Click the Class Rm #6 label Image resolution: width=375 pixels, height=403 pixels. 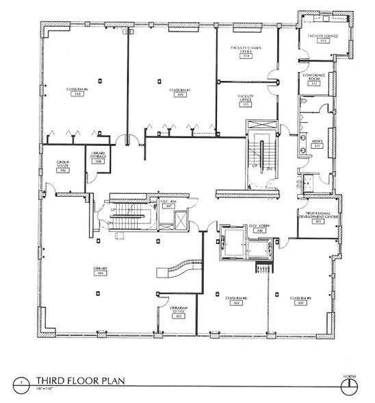tap(75, 91)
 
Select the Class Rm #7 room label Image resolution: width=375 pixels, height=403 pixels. tap(179, 91)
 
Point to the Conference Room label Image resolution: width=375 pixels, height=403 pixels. tap(316, 80)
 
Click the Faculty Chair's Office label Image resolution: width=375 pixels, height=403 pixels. tap(245, 51)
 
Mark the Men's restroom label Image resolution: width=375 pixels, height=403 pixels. tap(318, 144)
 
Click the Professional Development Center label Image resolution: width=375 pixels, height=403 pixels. tap(317, 217)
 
